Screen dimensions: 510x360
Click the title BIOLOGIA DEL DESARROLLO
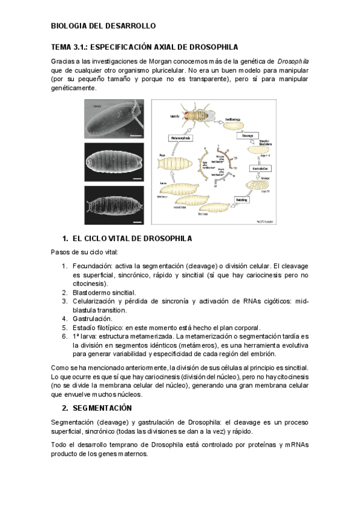[x=103, y=26]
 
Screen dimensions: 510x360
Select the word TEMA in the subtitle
[x=62, y=47]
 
